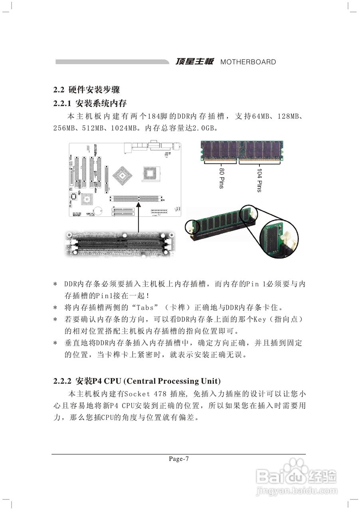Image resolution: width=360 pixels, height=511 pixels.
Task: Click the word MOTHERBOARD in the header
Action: tap(248, 62)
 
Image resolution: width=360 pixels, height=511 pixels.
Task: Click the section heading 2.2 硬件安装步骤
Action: tap(87, 89)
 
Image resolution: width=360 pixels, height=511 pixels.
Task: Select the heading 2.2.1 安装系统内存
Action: tap(90, 103)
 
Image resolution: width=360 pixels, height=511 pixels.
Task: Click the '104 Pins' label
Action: tap(259, 180)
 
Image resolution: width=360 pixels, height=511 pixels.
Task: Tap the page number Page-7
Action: tap(179, 459)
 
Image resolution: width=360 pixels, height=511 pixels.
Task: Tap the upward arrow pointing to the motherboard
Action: tap(138, 218)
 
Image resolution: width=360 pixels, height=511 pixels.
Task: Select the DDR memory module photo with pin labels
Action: tap(241, 152)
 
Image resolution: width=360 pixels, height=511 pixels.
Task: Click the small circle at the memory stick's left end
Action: tap(191, 226)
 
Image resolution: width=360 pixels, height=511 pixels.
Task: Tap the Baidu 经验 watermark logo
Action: tap(297, 476)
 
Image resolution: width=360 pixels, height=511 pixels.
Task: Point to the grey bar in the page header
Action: tap(112, 62)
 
